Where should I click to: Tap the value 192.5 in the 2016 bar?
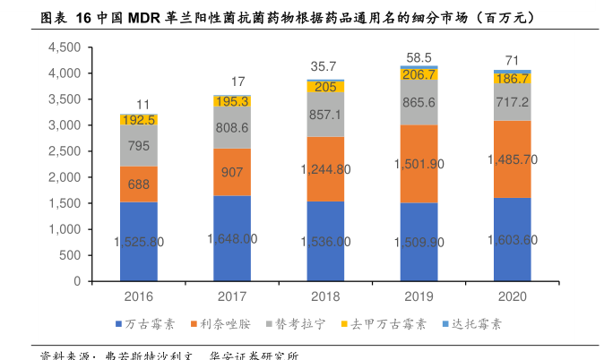[139, 119]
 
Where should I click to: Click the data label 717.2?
[513, 101]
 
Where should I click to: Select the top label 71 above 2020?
[512, 61]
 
